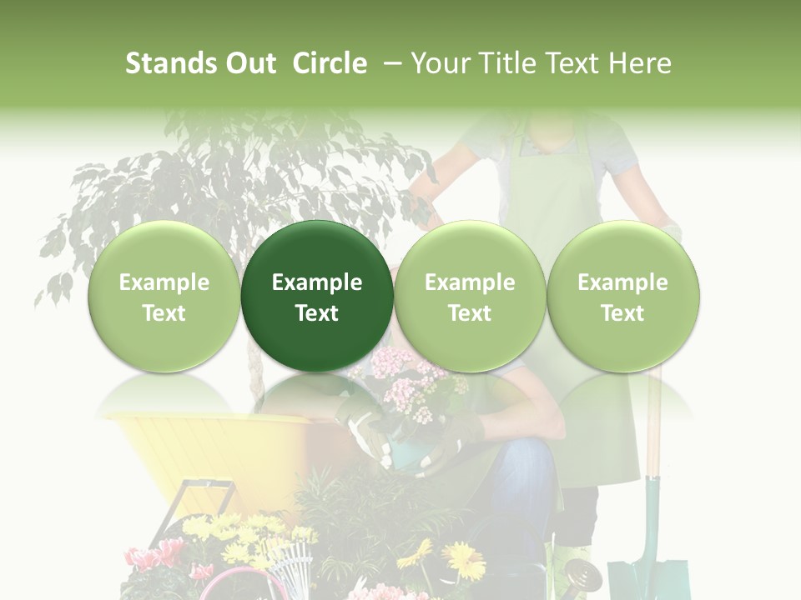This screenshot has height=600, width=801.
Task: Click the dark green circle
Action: click(x=317, y=296)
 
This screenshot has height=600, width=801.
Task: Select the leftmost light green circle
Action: click(x=164, y=296)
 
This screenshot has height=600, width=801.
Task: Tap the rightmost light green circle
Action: click(x=623, y=296)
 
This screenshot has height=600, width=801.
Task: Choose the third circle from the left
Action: click(x=470, y=296)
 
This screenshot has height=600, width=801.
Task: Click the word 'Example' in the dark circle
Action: click(x=317, y=282)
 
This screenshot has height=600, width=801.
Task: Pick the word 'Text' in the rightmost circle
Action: click(x=623, y=313)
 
